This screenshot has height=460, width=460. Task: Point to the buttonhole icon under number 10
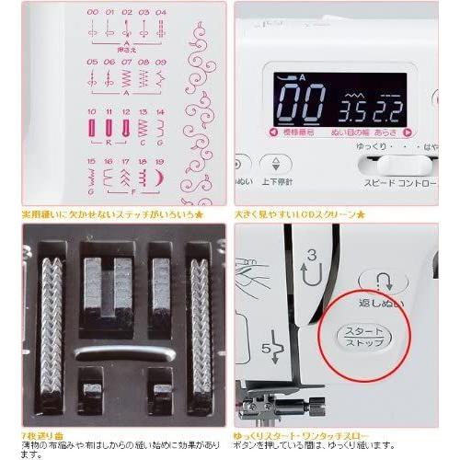click(94, 128)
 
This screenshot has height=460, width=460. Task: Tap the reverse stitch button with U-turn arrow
click(378, 282)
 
